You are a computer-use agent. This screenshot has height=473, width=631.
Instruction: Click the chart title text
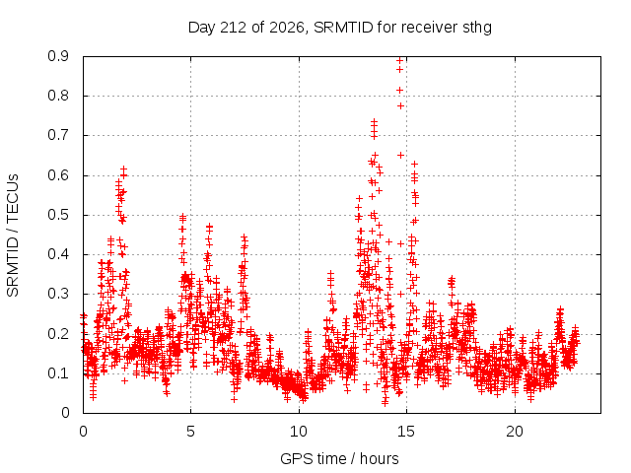340,28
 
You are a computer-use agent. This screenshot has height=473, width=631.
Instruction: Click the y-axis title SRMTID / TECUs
13,236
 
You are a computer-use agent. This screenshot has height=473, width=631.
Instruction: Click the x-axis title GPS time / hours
339,458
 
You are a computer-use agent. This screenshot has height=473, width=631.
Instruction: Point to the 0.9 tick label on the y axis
58,56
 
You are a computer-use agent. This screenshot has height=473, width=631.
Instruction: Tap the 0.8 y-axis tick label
58,97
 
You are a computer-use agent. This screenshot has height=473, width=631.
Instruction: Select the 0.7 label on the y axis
58,136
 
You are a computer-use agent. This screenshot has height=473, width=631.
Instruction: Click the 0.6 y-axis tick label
58,175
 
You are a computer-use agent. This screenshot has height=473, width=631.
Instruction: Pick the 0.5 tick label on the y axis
58,215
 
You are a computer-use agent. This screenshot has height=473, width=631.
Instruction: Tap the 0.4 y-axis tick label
58,254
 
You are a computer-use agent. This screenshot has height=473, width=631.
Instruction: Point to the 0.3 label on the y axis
58,294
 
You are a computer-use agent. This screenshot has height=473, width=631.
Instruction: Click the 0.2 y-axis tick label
58,334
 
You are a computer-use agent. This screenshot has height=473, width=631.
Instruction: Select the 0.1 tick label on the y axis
58,373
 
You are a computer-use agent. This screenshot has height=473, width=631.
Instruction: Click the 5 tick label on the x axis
190,432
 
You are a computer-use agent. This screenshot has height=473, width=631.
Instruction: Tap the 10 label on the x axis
299,432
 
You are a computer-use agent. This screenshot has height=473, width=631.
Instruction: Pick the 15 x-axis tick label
406,432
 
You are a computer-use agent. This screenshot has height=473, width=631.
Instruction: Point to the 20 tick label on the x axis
515,432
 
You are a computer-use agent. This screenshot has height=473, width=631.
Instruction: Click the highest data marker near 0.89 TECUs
399,61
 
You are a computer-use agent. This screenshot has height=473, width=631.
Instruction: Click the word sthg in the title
476,29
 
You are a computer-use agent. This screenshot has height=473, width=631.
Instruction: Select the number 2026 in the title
287,28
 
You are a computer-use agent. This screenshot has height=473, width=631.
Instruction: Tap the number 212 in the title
235,28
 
